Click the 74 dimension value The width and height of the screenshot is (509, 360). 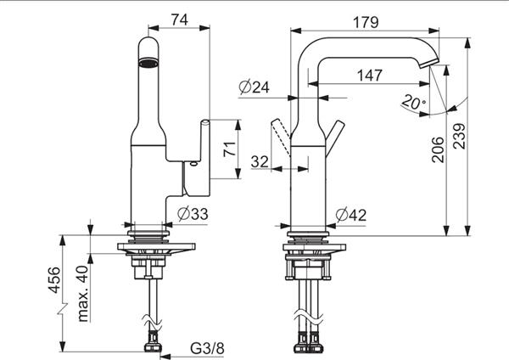point(180,20)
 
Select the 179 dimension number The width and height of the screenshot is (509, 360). point(366,22)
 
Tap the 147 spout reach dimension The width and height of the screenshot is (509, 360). point(370,76)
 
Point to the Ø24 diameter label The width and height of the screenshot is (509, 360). point(255,87)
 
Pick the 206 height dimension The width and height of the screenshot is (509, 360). point(438,149)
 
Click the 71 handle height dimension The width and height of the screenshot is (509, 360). point(229,149)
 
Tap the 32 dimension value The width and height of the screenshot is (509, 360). point(260,161)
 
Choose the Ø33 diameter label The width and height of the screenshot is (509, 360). point(193,214)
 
